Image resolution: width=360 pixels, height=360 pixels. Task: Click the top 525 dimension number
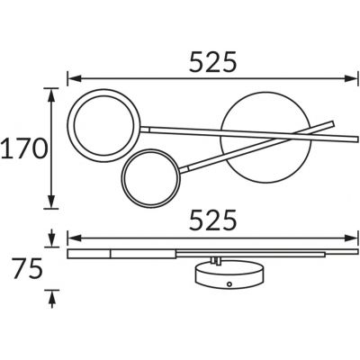pyautogui.click(x=213, y=62)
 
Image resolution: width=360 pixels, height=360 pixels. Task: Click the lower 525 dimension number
pyautogui.click(x=213, y=220)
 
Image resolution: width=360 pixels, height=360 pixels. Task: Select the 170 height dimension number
pyautogui.click(x=24, y=148)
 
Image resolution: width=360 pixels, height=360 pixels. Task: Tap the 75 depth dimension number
pyautogui.click(x=27, y=268)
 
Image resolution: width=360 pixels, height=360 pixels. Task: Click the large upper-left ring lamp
pyautogui.click(x=69, y=125)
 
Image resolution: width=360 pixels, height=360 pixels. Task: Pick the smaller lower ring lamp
pyautogui.click(x=123, y=178)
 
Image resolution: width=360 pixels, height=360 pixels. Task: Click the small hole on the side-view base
pyautogui.click(x=229, y=283)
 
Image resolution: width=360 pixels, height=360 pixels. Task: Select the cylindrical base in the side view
pyautogui.click(x=230, y=275)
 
